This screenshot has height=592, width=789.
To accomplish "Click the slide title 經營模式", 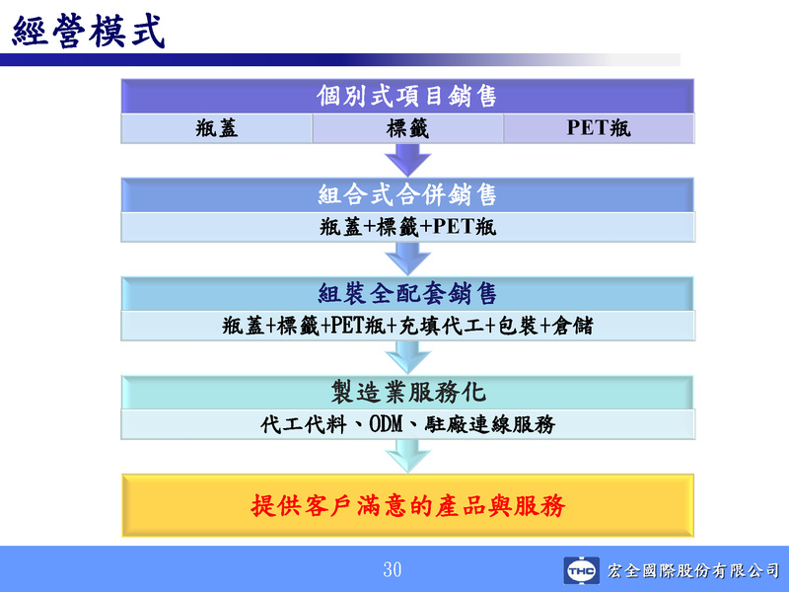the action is pos(89,32).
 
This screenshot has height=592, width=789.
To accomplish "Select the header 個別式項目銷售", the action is pos(407,96).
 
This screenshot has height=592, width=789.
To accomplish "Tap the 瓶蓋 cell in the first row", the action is pos(216,128).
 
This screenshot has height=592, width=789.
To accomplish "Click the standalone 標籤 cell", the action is pos(407,128).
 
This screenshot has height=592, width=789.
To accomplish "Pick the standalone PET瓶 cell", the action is pos(599,128).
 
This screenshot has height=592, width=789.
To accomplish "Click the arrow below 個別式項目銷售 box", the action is pos(407,160).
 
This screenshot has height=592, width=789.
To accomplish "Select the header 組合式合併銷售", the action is pos(407,194).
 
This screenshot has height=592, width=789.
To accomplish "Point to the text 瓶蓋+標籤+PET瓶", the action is pos(407,227).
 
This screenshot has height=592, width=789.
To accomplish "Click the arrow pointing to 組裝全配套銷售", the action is pos(407,259).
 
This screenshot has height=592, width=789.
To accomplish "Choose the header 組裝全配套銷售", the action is pos(407,293).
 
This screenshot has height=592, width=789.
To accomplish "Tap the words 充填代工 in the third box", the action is pos(441,326).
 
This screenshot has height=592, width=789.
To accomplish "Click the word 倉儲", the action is pos(573,326).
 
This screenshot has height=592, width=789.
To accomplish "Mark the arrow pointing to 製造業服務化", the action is pos(407,357).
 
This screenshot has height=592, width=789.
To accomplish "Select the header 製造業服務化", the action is pos(408,392).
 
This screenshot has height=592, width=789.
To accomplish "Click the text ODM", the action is pos(387,424).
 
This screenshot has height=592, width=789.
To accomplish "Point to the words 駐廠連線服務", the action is pos(489,424).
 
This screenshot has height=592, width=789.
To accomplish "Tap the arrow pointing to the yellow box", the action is pos(407,456).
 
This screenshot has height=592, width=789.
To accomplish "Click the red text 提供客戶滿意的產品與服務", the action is pos(408,505).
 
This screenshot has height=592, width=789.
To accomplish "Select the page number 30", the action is pos(393,569).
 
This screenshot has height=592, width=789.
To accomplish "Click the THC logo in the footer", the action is pos(582,570).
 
